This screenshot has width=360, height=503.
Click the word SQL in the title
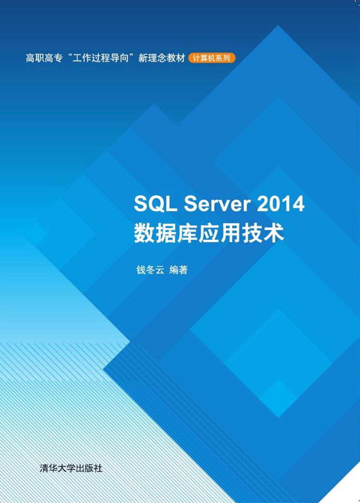(x=155, y=204)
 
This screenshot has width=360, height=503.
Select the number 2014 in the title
(x=281, y=204)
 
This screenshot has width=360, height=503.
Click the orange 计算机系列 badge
(x=212, y=58)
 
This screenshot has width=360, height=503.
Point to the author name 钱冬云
(x=150, y=270)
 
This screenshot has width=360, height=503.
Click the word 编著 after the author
(x=179, y=270)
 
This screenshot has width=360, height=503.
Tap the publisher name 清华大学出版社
(x=71, y=468)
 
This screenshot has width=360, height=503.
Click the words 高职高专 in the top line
(x=43, y=58)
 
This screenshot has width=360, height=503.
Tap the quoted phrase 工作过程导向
(x=100, y=58)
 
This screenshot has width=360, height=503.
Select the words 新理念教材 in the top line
(x=162, y=58)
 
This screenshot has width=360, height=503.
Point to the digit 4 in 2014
(x=298, y=204)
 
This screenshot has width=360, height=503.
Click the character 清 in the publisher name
(x=45, y=468)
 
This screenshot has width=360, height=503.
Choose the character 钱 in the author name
(x=141, y=270)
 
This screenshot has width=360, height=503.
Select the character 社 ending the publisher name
(x=98, y=468)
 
